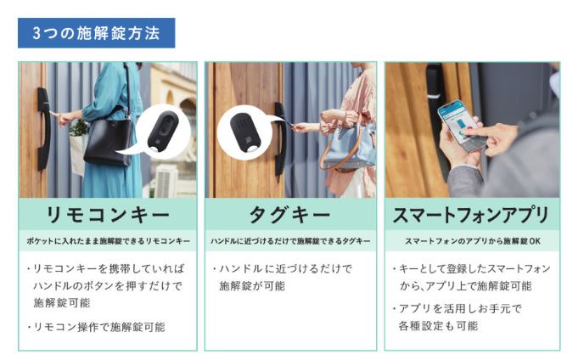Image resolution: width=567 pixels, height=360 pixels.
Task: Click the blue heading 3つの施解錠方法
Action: [x=96, y=33]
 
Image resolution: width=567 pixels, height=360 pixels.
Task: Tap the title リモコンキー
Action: [x=108, y=215]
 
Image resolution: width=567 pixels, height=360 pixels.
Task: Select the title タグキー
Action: [x=290, y=215]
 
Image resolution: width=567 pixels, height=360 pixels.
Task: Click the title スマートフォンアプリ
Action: [x=471, y=215]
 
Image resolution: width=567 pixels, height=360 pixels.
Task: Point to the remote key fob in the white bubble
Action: [x=162, y=132]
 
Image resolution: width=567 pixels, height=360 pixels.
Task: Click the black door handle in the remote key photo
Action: [x=43, y=128]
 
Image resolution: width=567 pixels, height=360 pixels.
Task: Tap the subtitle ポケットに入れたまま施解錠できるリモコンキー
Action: [x=108, y=241]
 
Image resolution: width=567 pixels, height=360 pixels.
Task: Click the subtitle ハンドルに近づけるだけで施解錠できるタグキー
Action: [x=290, y=241]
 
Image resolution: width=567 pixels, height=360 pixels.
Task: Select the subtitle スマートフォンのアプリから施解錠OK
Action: [x=473, y=241]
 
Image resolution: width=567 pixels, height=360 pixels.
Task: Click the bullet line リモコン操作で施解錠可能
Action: [x=97, y=327]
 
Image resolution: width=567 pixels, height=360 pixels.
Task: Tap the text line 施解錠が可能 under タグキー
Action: [x=252, y=286]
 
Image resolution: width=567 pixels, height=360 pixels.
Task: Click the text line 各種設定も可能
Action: [x=438, y=326]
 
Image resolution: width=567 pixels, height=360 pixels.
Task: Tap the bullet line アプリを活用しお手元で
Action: [x=457, y=308]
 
